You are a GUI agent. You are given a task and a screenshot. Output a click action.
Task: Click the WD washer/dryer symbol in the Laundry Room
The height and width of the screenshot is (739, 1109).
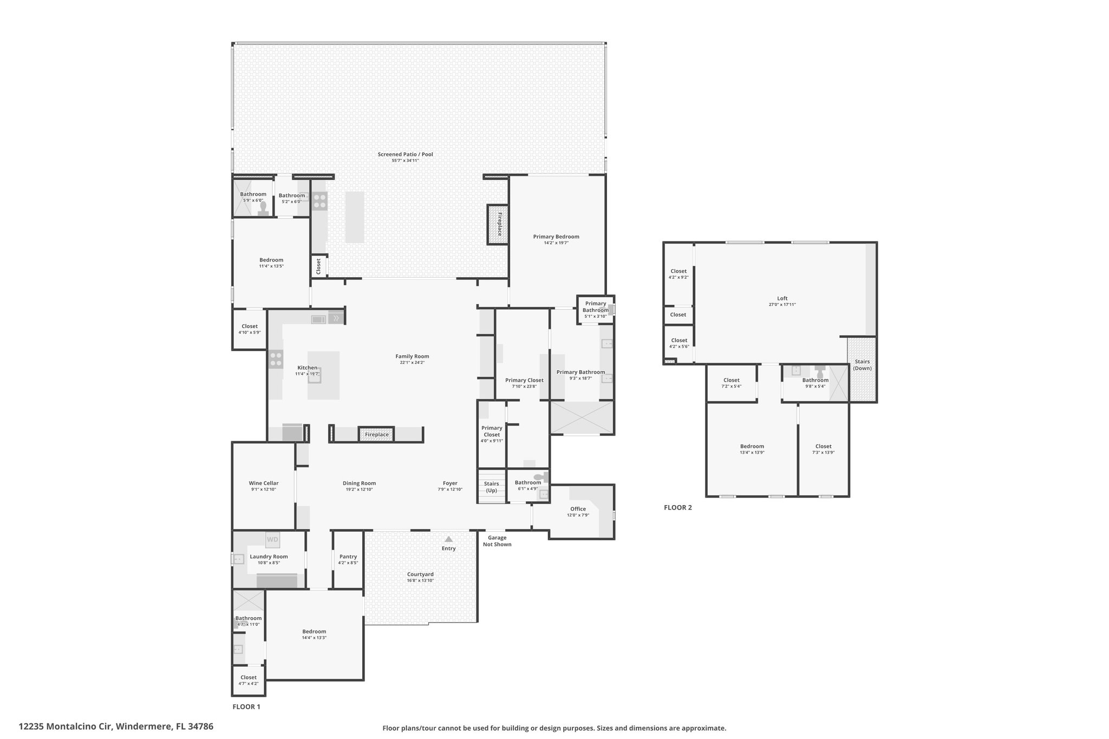[272, 539]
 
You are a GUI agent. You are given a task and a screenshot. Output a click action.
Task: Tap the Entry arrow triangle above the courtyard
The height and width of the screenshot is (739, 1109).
[448, 539]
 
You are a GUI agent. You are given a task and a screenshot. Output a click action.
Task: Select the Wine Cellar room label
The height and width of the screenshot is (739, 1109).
[264, 483]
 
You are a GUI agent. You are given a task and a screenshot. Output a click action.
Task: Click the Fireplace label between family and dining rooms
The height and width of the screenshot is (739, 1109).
[377, 434]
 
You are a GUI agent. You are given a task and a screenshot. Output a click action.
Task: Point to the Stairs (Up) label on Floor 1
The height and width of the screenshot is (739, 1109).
[491, 487]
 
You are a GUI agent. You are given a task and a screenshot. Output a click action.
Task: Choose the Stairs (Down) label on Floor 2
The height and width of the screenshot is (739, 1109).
[862, 365]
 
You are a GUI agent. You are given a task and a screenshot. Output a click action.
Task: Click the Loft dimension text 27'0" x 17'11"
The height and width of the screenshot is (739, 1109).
[782, 304]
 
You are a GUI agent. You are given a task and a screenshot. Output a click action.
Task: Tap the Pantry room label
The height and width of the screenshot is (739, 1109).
[348, 557]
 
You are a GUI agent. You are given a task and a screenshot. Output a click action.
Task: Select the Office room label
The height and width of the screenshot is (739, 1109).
[578, 508]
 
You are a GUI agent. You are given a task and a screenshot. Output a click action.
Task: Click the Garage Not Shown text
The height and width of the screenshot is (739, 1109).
[497, 541]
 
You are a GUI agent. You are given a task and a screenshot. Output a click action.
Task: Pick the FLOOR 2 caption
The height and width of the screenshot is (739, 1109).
[678, 507]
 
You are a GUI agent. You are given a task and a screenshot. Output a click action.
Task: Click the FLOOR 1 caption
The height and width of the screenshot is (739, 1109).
[246, 707]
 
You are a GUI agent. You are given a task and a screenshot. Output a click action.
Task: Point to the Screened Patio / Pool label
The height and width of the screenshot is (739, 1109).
[405, 154]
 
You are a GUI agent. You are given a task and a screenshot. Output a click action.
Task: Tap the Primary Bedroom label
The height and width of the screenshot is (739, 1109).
[556, 237]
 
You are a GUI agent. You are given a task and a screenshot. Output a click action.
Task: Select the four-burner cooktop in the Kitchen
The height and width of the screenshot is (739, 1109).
[276, 359]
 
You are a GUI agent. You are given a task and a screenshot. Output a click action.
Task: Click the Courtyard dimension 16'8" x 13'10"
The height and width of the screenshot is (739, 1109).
[420, 580]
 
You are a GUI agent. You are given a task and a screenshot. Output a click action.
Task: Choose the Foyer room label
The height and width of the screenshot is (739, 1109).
[450, 483]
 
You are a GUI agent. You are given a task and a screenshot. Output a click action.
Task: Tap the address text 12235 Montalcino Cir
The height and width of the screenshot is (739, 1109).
[65, 727]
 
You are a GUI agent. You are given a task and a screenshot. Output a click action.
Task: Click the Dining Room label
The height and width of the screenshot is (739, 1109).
[359, 483]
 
